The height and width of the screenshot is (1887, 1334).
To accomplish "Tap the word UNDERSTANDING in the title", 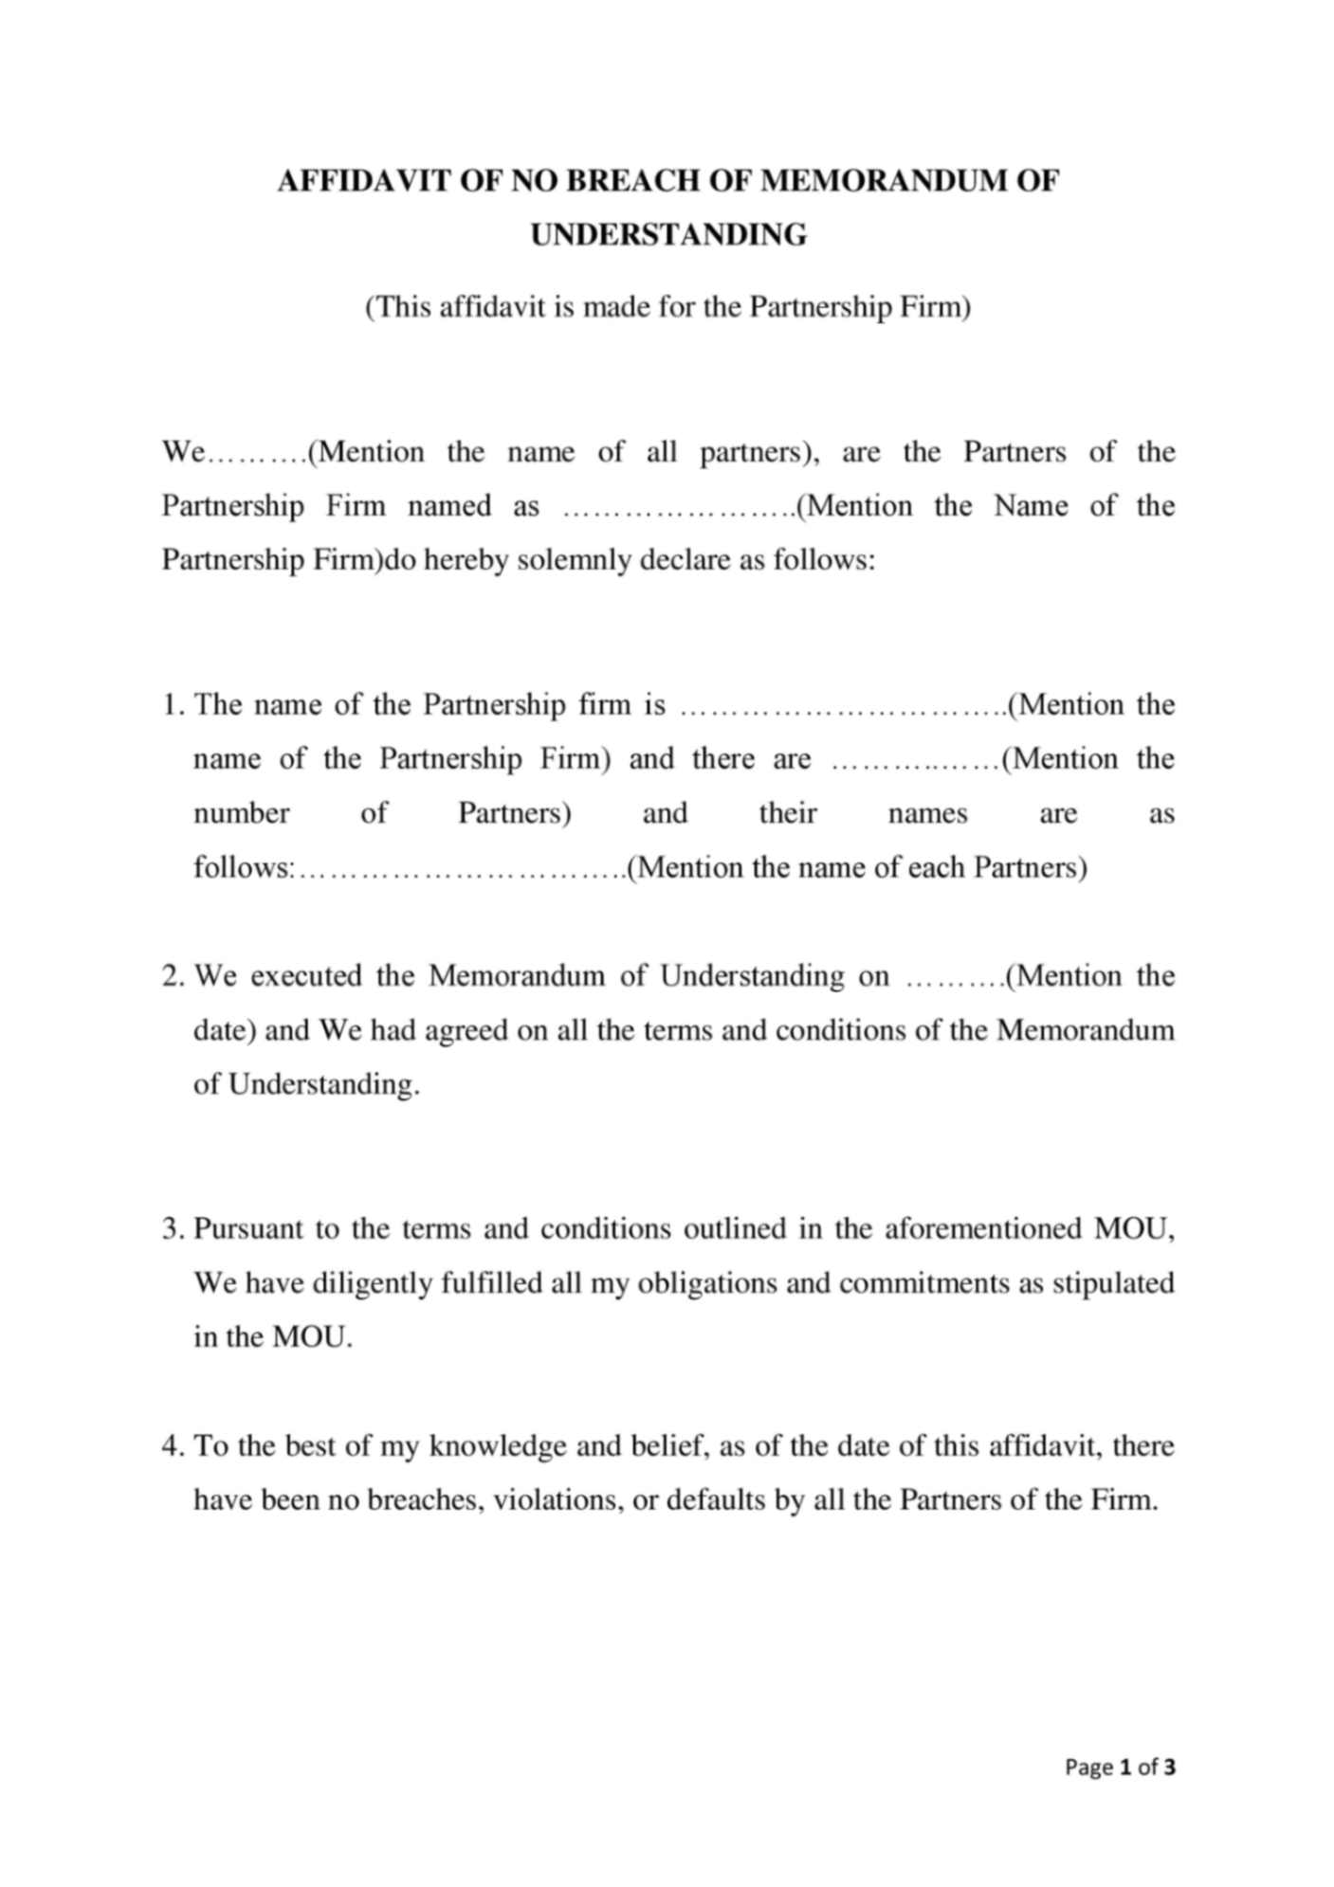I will coord(668,235).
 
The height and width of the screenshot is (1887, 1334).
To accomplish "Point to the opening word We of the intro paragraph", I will coord(183,452).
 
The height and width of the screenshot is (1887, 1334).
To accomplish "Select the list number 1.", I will coord(171,705).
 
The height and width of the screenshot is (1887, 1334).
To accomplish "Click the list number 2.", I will coord(171,976).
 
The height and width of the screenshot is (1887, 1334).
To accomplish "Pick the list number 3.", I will coord(171,1229).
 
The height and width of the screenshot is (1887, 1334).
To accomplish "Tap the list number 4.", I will coord(171,1446).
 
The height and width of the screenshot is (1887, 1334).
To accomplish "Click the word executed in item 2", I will coord(305,976).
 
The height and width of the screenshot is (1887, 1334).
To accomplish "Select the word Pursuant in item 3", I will coord(247,1229).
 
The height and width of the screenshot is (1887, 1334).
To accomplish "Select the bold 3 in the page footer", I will coord(1170,1768).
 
